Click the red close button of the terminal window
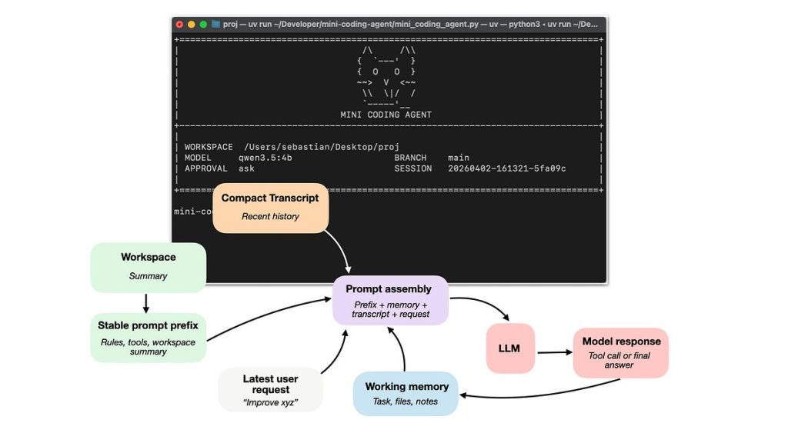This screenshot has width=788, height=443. [180, 24]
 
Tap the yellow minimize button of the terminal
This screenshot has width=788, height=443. [192, 24]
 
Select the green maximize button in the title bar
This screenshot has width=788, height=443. [203, 24]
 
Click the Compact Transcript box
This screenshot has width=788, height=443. [270, 206]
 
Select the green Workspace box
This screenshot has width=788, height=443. [148, 266]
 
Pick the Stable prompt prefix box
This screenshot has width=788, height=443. [148, 335]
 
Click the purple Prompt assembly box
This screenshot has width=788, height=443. [390, 299]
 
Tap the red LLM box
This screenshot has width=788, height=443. [509, 348]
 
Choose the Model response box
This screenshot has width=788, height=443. [621, 351]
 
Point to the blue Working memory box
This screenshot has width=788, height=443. [406, 393]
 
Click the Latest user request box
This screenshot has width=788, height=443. [270, 388]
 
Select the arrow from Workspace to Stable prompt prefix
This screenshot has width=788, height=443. [146, 303]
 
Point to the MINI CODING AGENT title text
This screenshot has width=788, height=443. [386, 115]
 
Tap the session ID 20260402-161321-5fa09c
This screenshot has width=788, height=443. [506, 168]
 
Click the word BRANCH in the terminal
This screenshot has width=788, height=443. [410, 158]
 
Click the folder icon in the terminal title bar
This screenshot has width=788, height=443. [216, 24]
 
